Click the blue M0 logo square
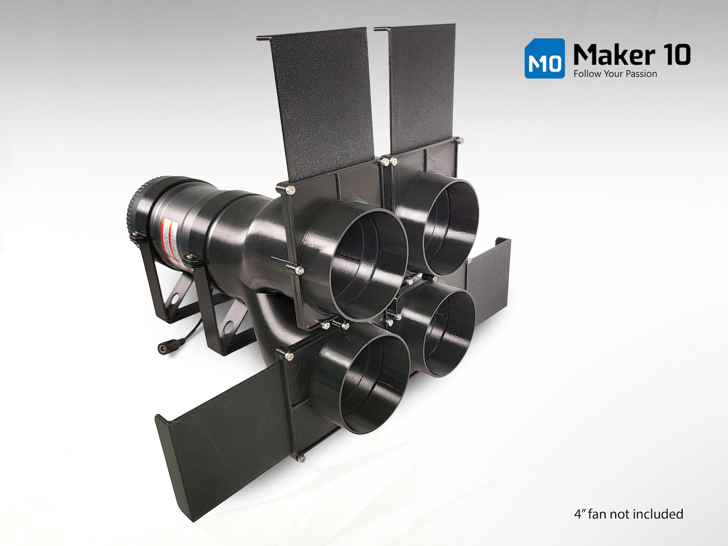[545, 58]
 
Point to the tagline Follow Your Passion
[615, 74]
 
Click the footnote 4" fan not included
[628, 514]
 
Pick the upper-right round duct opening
[452, 227]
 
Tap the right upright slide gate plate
[422, 87]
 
